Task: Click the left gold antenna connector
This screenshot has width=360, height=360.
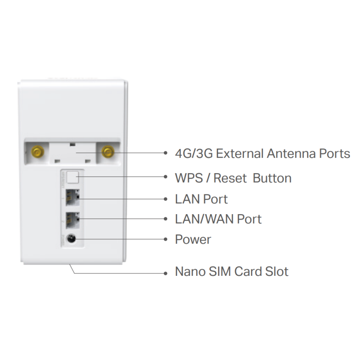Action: tap(38, 152)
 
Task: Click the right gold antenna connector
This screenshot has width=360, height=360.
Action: tap(108, 152)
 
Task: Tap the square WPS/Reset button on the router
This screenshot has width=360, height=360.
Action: tap(72, 177)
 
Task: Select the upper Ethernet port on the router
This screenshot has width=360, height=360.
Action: tap(72, 198)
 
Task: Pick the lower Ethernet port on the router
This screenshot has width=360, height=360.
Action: tap(72, 220)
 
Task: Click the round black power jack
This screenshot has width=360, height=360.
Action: tap(71, 239)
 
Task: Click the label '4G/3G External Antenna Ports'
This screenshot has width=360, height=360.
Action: tap(262, 153)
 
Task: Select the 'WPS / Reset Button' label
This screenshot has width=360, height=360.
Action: tap(233, 178)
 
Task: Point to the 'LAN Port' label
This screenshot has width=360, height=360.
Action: tap(201, 199)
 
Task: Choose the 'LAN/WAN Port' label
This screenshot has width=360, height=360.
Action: tap(218, 219)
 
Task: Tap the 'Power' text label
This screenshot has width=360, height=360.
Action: tap(193, 239)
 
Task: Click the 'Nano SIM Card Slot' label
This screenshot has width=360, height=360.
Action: tap(231, 271)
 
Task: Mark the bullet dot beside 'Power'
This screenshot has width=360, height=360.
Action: tap(166, 239)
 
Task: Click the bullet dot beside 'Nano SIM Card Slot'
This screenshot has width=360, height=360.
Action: tap(166, 273)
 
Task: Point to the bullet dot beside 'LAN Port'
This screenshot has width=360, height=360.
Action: tap(166, 199)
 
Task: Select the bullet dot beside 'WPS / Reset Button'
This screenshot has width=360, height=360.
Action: tap(166, 176)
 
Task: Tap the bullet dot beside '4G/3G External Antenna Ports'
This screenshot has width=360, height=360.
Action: tap(166, 153)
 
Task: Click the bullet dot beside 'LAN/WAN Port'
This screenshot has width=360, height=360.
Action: tap(166, 219)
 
